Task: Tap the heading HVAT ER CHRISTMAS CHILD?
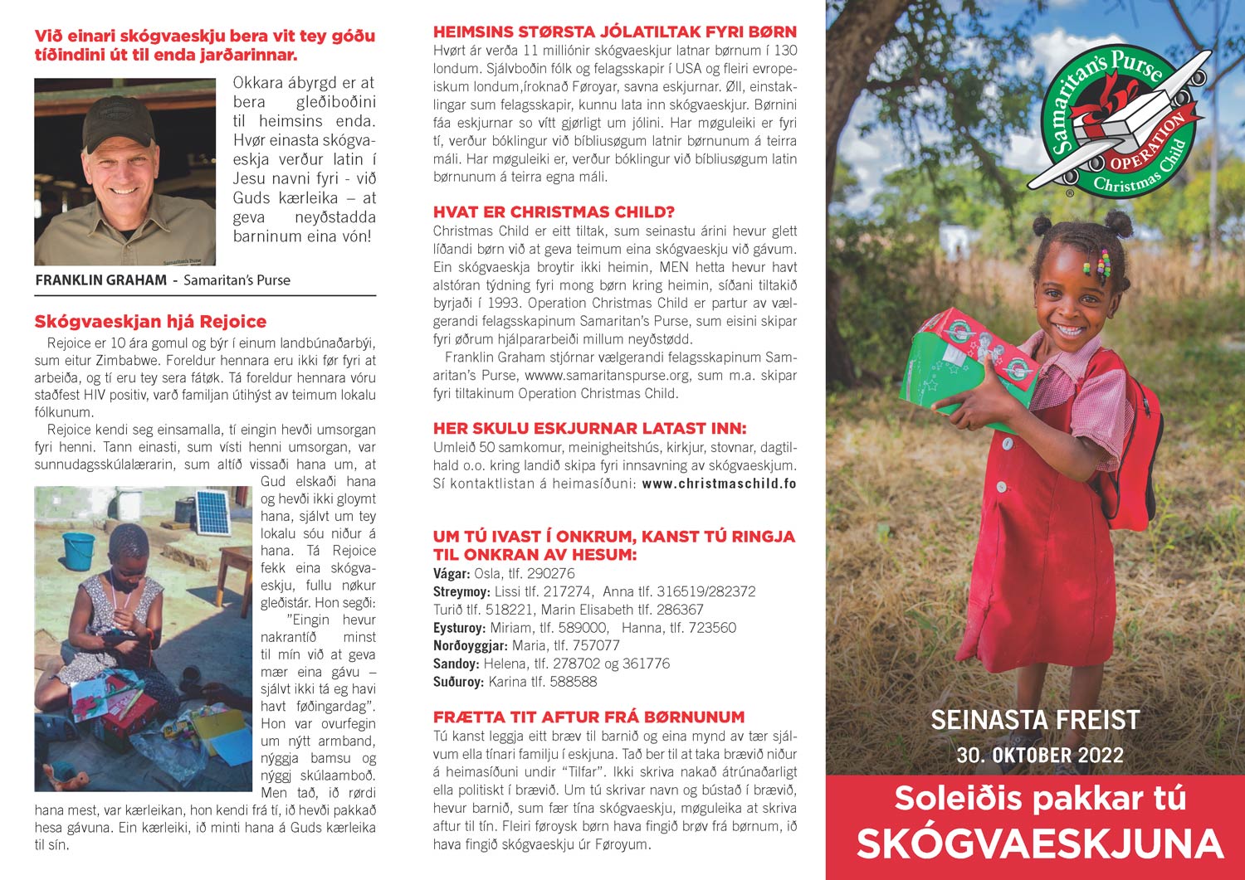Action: [554, 212]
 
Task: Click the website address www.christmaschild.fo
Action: [719, 484]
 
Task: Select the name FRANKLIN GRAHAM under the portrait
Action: [100, 280]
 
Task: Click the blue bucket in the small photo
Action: [79, 550]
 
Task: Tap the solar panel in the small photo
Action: [212, 513]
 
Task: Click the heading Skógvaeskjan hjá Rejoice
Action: [150, 322]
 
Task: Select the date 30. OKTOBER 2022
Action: [1039, 756]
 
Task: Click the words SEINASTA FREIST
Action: [1035, 720]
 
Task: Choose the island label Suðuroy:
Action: [458, 682]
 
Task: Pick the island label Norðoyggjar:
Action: [471, 645]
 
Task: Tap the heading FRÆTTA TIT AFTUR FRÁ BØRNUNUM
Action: [588, 717]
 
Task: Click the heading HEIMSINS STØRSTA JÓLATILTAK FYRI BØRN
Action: [614, 32]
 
